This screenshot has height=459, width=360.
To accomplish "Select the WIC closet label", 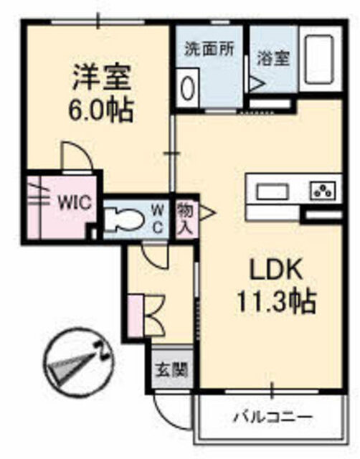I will (74, 202).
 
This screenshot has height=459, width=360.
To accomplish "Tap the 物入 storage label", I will (184, 217).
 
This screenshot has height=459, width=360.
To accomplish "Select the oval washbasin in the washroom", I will (188, 88).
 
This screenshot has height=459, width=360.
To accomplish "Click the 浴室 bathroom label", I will (274, 59).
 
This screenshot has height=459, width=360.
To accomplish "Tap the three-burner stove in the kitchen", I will (323, 191).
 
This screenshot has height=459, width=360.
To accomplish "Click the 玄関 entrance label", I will (171, 371).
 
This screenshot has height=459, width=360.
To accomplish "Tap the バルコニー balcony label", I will (273, 417).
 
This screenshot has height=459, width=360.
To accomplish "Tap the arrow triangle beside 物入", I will (206, 213).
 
